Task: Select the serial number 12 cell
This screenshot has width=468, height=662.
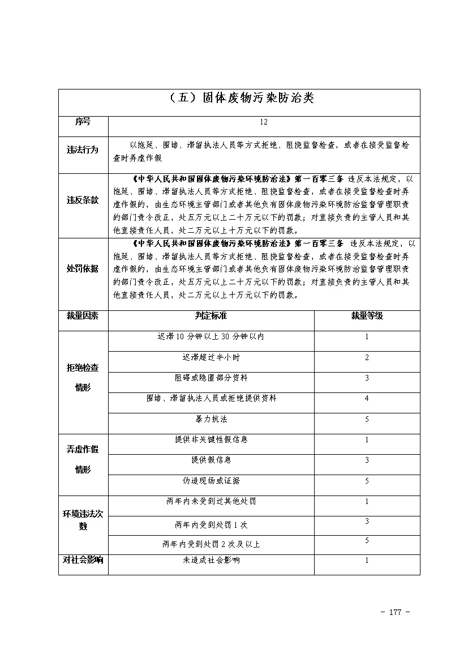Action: (x=264, y=122)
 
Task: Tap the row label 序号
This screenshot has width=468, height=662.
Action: (x=83, y=122)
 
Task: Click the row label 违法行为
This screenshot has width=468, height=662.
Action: (x=83, y=150)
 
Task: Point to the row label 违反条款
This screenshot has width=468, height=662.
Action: (x=83, y=200)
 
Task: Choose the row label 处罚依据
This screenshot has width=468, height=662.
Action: (x=83, y=268)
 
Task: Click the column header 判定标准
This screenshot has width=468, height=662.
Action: (x=211, y=316)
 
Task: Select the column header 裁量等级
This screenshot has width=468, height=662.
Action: (x=367, y=316)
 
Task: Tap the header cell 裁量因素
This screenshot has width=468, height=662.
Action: (x=83, y=316)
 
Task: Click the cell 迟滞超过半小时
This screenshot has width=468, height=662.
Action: (x=211, y=357)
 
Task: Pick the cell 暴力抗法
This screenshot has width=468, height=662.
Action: (x=211, y=420)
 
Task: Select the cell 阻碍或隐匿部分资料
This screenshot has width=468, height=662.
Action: (x=211, y=378)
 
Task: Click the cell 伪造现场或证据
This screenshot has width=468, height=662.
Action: (x=211, y=481)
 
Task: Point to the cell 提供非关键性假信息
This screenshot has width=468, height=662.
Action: (x=211, y=439)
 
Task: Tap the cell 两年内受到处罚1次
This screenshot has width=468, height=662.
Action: (x=211, y=525)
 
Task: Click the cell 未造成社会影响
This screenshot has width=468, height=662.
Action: (x=211, y=561)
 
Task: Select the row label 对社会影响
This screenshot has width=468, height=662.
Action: (x=83, y=561)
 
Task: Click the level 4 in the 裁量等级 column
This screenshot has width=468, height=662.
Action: (x=367, y=399)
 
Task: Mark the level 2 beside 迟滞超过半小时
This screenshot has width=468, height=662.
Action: (x=367, y=357)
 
